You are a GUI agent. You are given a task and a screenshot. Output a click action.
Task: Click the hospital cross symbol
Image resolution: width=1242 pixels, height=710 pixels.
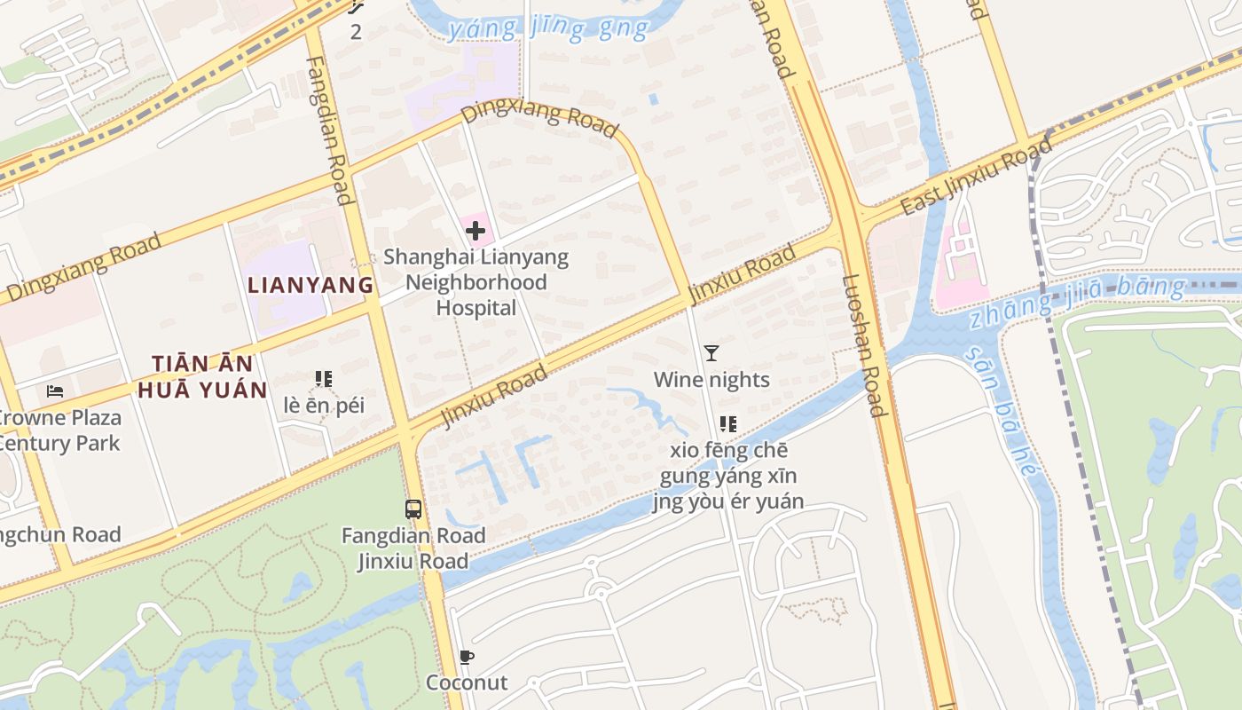pyautogui.click(x=476, y=232)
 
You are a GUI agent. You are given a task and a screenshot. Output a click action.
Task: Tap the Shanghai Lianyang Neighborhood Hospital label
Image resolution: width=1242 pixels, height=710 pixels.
pyautogui.click(x=476, y=283)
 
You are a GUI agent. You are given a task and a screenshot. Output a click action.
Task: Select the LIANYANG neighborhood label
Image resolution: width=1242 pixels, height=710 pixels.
pyautogui.click(x=310, y=285)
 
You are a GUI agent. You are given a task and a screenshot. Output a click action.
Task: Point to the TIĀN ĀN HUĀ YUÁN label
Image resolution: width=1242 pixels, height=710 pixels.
pyautogui.click(x=209, y=377)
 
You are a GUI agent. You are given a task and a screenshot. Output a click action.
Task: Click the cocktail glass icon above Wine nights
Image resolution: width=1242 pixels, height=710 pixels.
pyautogui.click(x=711, y=353)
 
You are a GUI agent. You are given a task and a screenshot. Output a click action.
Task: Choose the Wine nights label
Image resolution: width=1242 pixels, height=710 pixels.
pyautogui.click(x=711, y=380)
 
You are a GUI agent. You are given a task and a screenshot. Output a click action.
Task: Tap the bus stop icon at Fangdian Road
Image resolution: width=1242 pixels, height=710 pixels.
pyautogui.click(x=413, y=509)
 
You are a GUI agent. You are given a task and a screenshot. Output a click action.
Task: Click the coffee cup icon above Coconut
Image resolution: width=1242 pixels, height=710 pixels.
pyautogui.click(x=467, y=658)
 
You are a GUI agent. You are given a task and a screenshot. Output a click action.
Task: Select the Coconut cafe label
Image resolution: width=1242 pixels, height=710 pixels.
pyautogui.click(x=467, y=682)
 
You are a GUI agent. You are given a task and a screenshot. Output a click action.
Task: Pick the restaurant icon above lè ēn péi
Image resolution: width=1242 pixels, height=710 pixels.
pyautogui.click(x=324, y=380)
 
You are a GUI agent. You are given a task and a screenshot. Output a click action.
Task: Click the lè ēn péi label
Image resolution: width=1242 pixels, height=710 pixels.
pyautogui.click(x=324, y=406)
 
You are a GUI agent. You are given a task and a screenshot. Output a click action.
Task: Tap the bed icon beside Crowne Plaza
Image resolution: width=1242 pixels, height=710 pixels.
pyautogui.click(x=55, y=390)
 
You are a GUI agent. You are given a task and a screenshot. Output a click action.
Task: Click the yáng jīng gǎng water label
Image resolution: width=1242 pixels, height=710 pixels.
pyautogui.click(x=548, y=29)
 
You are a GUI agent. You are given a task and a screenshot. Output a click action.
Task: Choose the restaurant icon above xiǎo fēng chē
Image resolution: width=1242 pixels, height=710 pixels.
pyautogui.click(x=728, y=424)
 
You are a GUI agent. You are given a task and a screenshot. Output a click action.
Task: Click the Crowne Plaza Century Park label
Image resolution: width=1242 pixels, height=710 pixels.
pyautogui.click(x=59, y=430)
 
